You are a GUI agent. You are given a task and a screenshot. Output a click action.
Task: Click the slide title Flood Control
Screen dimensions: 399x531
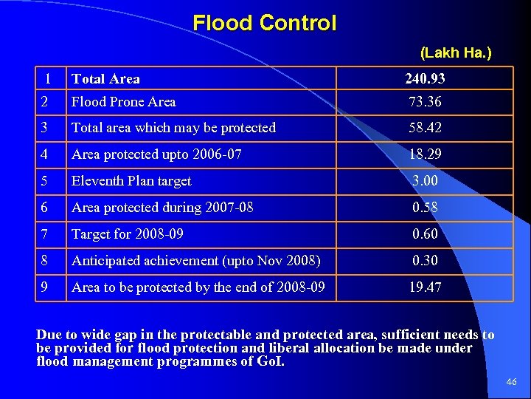[264, 23]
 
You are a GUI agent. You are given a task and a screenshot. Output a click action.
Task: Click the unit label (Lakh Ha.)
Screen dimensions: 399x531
[456, 52]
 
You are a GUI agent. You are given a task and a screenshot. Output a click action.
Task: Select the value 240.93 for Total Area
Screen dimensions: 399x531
[425, 78]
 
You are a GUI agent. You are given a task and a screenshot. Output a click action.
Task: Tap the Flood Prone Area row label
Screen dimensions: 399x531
[123, 102]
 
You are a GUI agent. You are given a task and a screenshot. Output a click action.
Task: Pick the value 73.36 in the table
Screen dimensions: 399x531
[425, 102]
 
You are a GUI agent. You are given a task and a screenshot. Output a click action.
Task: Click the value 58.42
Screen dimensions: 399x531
[425, 128]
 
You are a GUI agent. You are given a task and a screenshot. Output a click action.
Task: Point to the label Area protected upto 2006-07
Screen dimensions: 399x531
[156, 154]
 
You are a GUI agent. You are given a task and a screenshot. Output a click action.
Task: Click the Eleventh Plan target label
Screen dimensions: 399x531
[131, 181]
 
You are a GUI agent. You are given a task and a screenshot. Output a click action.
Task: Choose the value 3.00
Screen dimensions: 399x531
[425, 181]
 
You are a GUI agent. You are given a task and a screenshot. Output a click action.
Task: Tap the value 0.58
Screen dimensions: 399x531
[425, 208]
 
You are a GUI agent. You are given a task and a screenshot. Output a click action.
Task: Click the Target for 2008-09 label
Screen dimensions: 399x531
[128, 234]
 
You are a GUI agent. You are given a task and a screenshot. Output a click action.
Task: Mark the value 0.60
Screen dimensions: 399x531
[425, 234]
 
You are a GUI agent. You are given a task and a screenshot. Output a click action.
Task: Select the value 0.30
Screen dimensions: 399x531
[425, 261]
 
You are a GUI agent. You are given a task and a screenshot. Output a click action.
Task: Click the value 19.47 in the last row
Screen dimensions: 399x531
[425, 287]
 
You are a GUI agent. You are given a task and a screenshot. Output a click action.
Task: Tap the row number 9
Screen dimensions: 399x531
[45, 287]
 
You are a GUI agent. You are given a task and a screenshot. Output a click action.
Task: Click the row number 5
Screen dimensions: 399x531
[45, 181]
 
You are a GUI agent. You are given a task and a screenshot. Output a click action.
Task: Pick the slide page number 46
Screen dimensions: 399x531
[512, 382]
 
